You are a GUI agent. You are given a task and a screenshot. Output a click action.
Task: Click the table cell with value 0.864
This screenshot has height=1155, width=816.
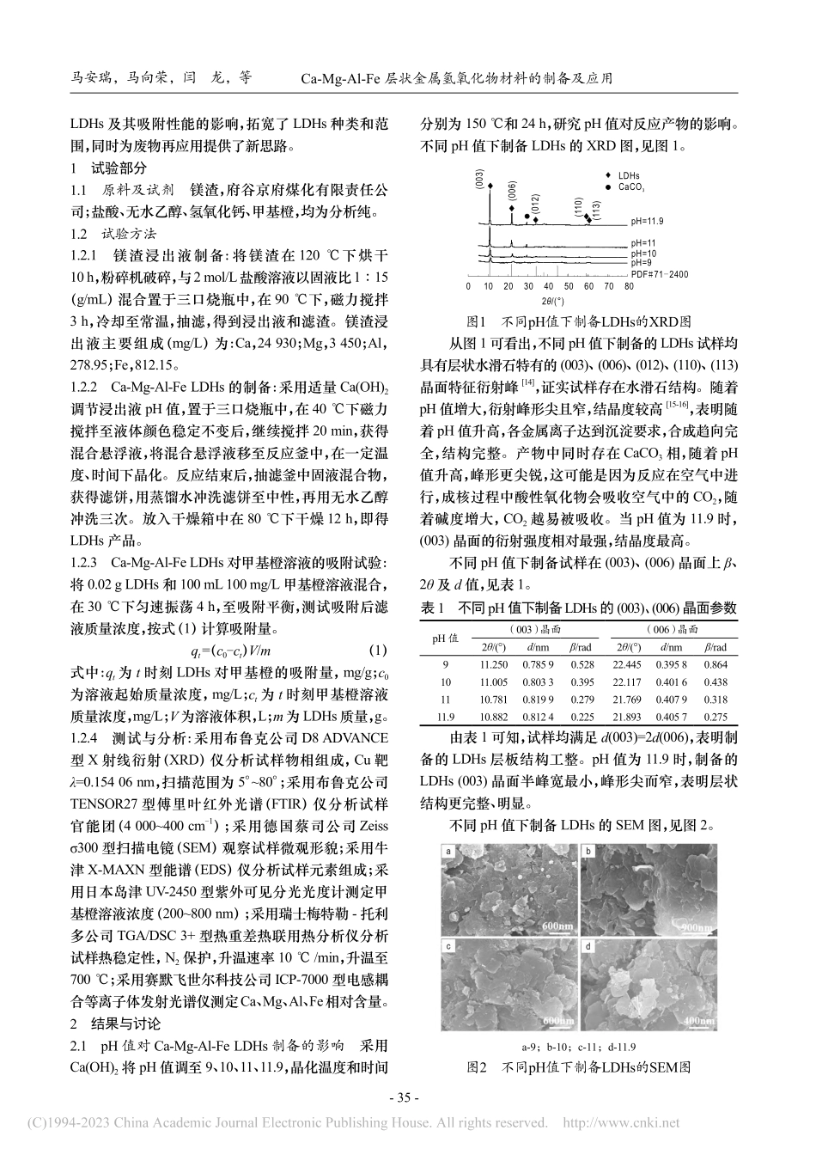pyautogui.click(x=716, y=664)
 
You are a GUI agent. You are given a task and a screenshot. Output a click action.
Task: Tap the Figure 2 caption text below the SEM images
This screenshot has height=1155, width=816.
pyautogui.click(x=577, y=1067)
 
